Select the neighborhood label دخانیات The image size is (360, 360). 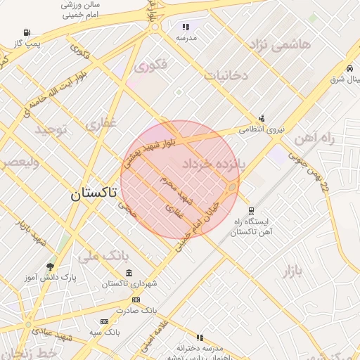226,76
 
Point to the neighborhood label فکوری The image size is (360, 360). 151,67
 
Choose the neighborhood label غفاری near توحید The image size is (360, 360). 101,124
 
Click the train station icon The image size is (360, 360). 251,210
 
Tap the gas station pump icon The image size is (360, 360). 27,33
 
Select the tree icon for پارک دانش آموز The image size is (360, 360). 50,266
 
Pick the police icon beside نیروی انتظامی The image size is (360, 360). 262,118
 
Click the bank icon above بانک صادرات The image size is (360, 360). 136,300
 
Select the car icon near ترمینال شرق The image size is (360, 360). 349,68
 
